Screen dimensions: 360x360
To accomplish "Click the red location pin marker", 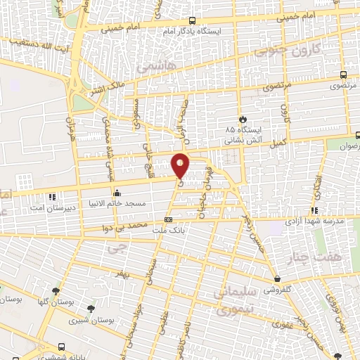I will pyautogui.click(x=181, y=165).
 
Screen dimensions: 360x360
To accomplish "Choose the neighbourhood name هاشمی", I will pyautogui.click(x=150, y=67).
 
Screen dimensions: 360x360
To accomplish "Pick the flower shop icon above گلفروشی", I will pyautogui.click(x=278, y=280).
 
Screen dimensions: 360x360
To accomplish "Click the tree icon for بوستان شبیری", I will pyautogui.click(x=91, y=308).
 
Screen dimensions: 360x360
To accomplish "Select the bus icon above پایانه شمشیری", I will pyautogui.click(x=62, y=347).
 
